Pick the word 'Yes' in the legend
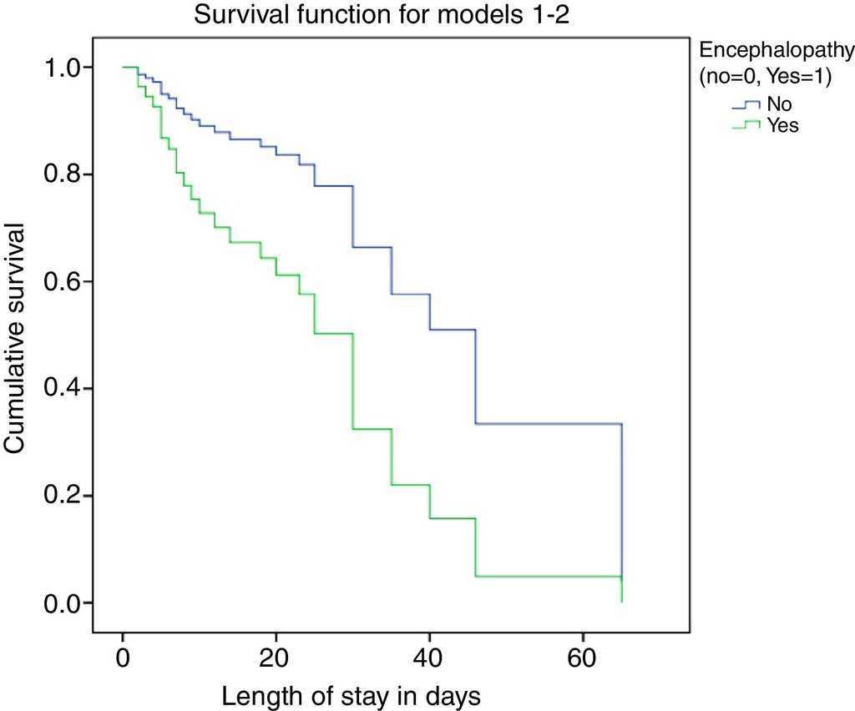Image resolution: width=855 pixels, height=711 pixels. pyautogui.click(x=782, y=126)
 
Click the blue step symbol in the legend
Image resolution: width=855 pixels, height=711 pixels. pyautogui.click(x=746, y=104)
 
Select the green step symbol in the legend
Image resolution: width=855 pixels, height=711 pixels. pyautogui.click(x=746, y=125)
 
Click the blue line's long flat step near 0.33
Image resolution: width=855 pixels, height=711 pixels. pyautogui.click(x=548, y=424)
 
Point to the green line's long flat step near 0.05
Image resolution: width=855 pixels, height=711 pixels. pyautogui.click(x=548, y=577)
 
